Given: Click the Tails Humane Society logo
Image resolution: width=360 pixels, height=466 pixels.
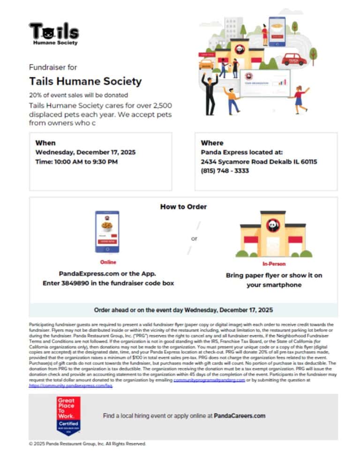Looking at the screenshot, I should pos(54,33).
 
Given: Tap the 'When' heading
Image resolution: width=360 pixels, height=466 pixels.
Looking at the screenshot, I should pos(45,143).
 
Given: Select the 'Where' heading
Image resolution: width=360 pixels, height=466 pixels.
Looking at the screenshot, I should pos(212,143).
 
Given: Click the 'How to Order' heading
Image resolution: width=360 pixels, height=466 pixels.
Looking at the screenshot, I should pos(183,206).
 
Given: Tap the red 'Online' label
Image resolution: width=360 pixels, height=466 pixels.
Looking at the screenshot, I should pos(108,262).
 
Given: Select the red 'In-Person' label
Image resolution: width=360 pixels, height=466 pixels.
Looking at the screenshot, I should pos(274,264).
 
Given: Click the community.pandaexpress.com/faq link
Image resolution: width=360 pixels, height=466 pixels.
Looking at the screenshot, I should pos(71,385).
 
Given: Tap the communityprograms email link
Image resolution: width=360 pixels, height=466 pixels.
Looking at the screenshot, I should pos(209,380).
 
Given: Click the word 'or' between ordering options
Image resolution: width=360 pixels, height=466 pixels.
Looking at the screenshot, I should pos(194,239).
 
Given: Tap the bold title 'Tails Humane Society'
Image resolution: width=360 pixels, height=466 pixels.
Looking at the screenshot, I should pos(85,81).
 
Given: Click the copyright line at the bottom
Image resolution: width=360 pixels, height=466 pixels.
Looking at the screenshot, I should pos(88,443).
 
